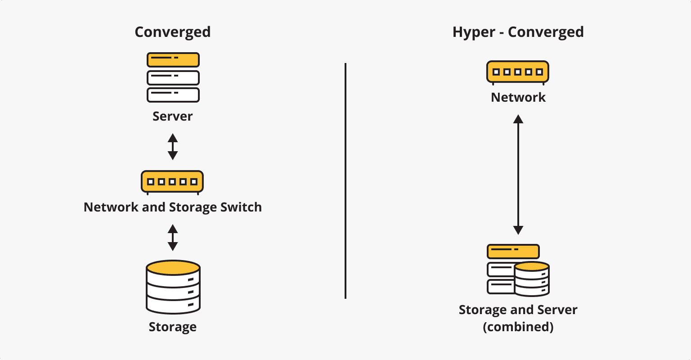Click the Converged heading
click(x=173, y=32)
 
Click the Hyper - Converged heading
click(x=518, y=32)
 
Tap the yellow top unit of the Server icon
click(x=173, y=59)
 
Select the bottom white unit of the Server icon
click(x=173, y=94)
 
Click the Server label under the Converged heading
click(x=173, y=116)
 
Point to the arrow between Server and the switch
click(x=173, y=146)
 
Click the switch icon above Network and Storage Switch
click(x=172, y=181)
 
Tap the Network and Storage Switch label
click(x=173, y=207)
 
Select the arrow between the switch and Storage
click(x=173, y=238)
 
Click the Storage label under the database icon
click(x=173, y=327)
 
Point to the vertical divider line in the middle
click(x=345, y=180)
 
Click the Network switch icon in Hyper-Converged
click(x=518, y=72)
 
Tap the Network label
click(x=518, y=97)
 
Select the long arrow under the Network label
click(x=518, y=175)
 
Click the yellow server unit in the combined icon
click(x=513, y=251)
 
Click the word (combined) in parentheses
click(x=518, y=327)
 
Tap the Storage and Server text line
click(x=518, y=310)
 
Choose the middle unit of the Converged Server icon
click(x=173, y=77)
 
